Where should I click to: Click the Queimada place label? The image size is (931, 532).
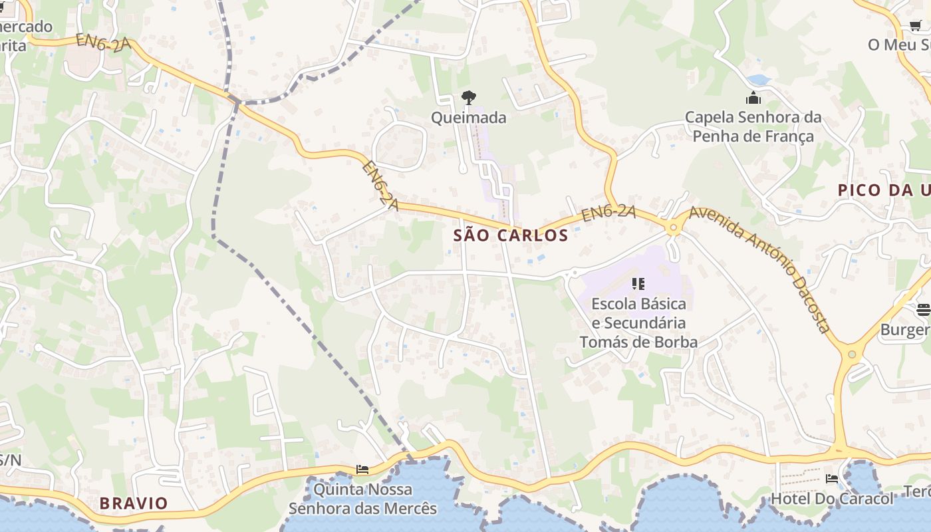[468, 118]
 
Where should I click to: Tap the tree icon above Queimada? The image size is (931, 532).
[468, 98]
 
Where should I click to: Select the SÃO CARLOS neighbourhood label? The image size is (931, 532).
[511, 235]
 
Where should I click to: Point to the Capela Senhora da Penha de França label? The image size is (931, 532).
[753, 127]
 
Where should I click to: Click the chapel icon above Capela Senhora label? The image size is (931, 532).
[753, 98]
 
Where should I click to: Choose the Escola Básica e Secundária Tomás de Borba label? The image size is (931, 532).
[638, 323]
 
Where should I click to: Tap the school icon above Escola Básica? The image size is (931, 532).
[638, 285]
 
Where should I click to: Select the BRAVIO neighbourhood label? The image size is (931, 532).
[134, 503]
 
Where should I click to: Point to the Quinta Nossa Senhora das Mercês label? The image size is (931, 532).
[362, 499]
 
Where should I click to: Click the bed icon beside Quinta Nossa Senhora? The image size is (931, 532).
[362, 469]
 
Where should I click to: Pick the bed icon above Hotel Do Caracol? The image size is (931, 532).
[831, 478]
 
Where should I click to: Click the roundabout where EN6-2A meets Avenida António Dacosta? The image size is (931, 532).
[674, 228]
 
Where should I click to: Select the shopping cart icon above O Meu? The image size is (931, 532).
[916, 26]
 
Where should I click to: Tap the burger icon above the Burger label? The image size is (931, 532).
[923, 309]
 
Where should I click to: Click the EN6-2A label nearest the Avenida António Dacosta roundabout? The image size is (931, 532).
[608, 213]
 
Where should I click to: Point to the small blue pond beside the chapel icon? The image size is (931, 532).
[759, 80]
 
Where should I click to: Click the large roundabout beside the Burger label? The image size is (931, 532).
[852, 354]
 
